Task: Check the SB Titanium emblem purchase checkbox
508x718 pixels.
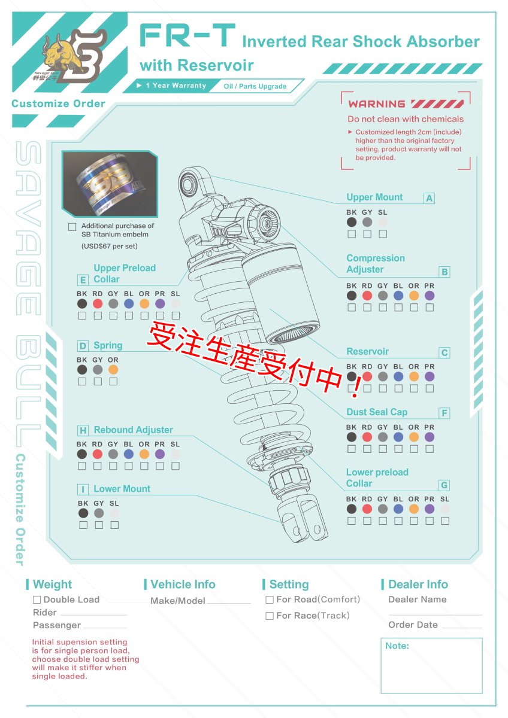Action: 72,227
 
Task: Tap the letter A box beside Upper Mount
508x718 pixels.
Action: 429,198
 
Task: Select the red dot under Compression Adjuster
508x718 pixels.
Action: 367,296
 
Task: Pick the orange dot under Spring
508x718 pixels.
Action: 113,370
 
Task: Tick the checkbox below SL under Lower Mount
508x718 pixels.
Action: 114,525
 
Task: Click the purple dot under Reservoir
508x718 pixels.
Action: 430,377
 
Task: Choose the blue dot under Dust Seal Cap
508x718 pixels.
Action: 398,437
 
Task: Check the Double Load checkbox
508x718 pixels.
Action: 37,600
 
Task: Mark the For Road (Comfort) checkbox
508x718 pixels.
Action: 270,600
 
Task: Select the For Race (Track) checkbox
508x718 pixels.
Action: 270,616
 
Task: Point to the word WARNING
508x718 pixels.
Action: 377,104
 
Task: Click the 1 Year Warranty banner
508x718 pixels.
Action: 173,86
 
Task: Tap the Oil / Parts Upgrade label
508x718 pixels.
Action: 255,86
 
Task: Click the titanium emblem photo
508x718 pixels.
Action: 110,184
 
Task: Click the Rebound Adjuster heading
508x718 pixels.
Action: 133,430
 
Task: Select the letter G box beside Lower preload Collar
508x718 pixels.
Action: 444,485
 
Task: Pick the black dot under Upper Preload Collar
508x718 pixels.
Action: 82,304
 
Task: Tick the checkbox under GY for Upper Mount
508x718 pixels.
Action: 367,234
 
